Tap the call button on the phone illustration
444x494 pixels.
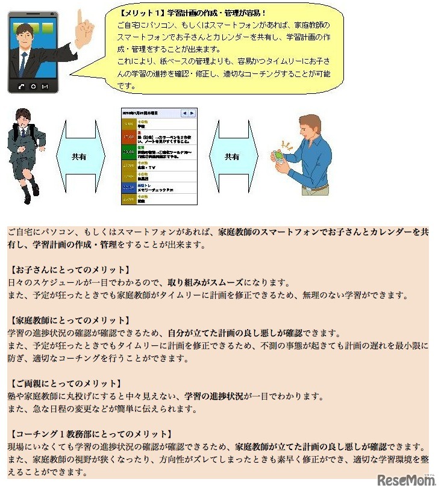pyautogui.click(x=22, y=85)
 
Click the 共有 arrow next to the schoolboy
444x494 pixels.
pyautogui.click(x=79, y=156)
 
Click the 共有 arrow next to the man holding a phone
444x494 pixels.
pyautogui.click(x=232, y=156)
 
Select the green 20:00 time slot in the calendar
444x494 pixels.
pyautogui.click(x=128, y=153)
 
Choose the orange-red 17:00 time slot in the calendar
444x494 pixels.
pyautogui.click(x=128, y=137)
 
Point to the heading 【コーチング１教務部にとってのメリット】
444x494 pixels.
pyautogui.click(x=91, y=434)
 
